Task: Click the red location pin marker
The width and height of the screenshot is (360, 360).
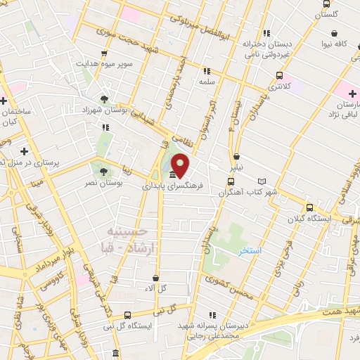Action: click(181, 165)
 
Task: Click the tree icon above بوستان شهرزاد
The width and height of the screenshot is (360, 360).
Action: click(105, 98)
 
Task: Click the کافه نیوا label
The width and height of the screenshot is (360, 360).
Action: click(334, 44)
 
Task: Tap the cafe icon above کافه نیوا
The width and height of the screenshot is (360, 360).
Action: click(335, 32)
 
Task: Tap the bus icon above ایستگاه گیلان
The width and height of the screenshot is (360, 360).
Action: click(309, 207)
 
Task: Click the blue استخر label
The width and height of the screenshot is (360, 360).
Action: click(250, 252)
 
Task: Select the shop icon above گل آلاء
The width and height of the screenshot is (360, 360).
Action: click(155, 278)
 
